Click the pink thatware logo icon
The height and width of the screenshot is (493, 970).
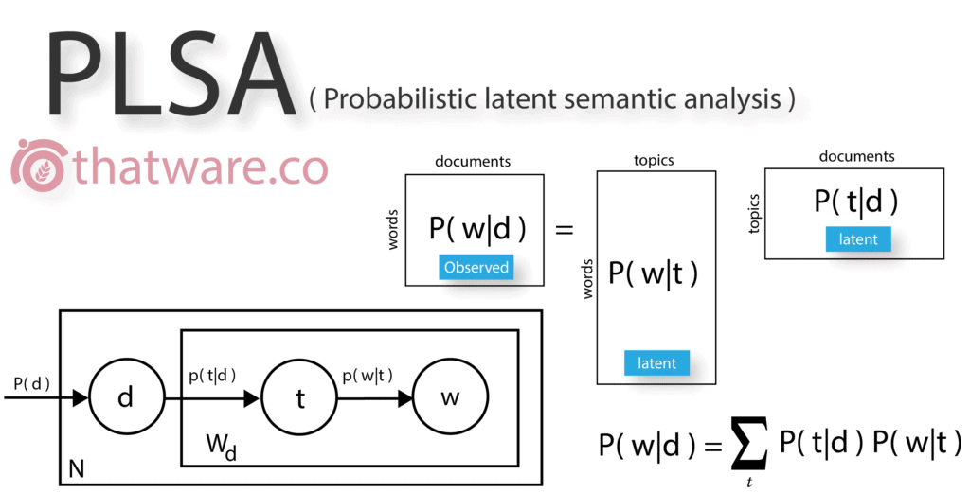click(x=38, y=165)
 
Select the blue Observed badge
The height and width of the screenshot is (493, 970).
click(x=476, y=268)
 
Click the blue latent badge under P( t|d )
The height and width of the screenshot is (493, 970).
click(x=858, y=239)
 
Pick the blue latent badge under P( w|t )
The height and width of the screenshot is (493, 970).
click(x=656, y=362)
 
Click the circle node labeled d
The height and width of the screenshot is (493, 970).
click(x=127, y=397)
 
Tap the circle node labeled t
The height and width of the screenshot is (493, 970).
click(x=298, y=398)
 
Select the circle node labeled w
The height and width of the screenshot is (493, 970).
click(x=450, y=397)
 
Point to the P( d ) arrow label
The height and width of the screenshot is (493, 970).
click(x=31, y=383)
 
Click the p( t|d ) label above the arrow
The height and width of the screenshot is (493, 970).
click(x=212, y=376)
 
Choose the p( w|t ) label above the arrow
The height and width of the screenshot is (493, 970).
click(x=368, y=375)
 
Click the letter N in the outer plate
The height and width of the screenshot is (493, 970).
click(x=76, y=469)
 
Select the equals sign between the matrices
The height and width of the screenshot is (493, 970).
click(x=565, y=231)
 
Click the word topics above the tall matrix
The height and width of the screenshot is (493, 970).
click(x=654, y=161)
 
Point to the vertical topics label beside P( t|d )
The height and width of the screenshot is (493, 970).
click(x=753, y=214)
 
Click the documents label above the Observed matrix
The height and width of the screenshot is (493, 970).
click(x=473, y=162)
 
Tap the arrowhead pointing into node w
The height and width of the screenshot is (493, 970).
click(x=405, y=398)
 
